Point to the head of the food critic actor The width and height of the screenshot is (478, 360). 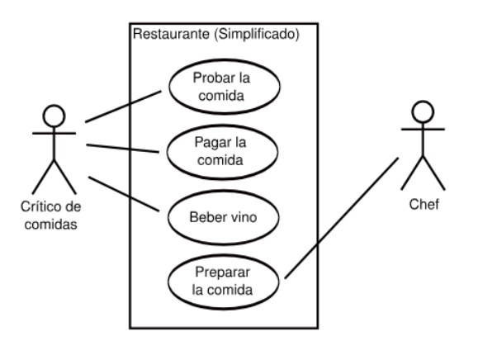pos(54,116)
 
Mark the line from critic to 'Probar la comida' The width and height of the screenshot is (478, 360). pos(124,106)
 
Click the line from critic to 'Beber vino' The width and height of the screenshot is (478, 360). pos(124,194)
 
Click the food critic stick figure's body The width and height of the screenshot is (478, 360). pos(54,149)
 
